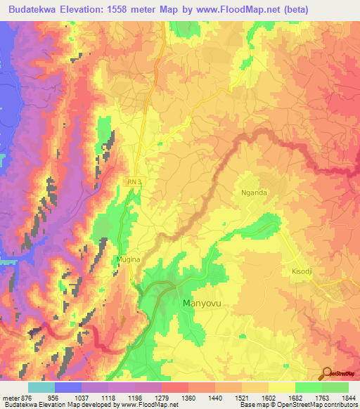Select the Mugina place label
(x=129, y=259)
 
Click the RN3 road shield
(x=134, y=182)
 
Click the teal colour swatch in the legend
(x=41, y=387)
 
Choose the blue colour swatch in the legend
(x=67, y=387)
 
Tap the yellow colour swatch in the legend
(x=282, y=387)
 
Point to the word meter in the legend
(x=10, y=397)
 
